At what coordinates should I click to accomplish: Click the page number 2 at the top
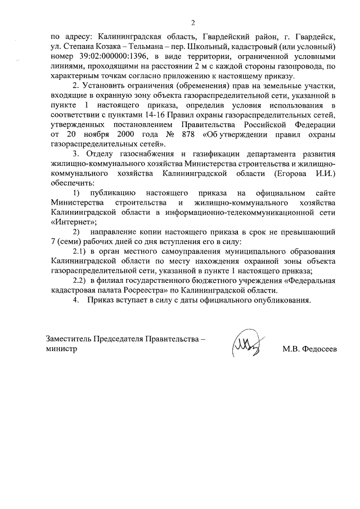(x=192, y=23)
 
